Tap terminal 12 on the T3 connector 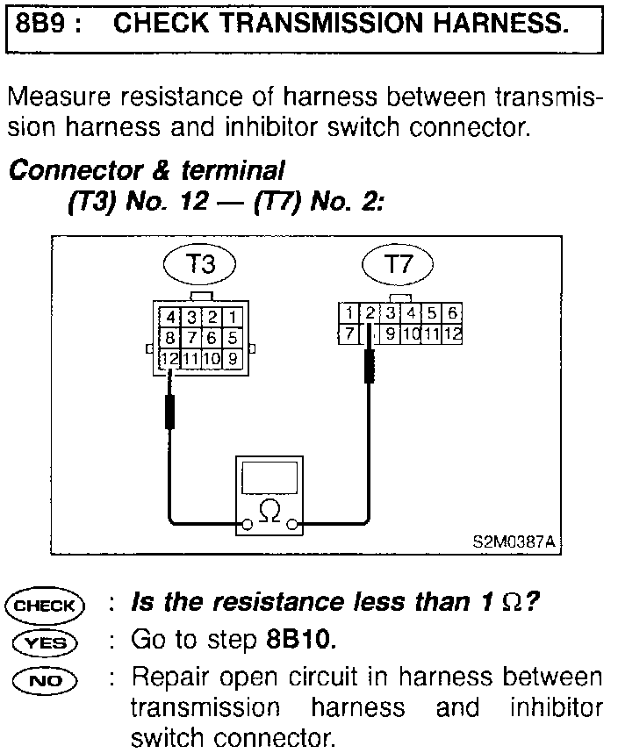click(x=169, y=358)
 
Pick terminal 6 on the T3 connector click(x=212, y=338)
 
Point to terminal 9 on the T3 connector click(x=233, y=358)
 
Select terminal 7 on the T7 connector click(x=349, y=333)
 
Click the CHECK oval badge click(x=45, y=605)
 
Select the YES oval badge click(x=45, y=642)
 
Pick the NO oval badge click(x=45, y=679)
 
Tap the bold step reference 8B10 click(x=300, y=640)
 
